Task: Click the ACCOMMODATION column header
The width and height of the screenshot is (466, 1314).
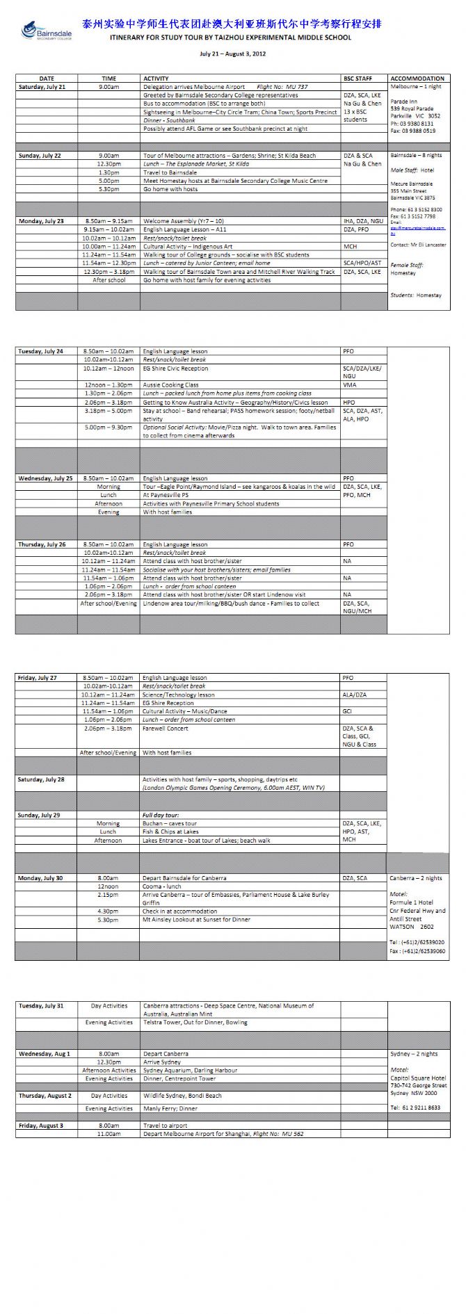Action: (417, 79)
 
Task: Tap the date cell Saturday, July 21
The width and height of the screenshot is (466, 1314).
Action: (42, 87)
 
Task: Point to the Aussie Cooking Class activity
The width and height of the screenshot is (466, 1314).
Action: (170, 384)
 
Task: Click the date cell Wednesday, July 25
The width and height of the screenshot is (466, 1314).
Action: (45, 478)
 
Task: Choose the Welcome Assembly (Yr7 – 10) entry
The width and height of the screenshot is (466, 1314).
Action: (184, 221)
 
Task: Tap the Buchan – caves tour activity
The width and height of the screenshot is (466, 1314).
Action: (170, 823)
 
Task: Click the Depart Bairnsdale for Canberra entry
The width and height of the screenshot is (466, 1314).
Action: (184, 878)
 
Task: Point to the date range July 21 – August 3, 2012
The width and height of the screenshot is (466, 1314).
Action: (232, 53)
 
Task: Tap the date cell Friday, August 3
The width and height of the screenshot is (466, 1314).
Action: (41, 1126)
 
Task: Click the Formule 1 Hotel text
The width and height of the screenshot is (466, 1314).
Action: (412, 902)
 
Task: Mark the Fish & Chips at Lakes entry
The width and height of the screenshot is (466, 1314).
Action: (170, 832)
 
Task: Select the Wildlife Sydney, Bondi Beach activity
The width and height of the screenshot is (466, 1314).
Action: (182, 1096)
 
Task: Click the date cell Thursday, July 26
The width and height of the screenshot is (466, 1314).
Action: (42, 544)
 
